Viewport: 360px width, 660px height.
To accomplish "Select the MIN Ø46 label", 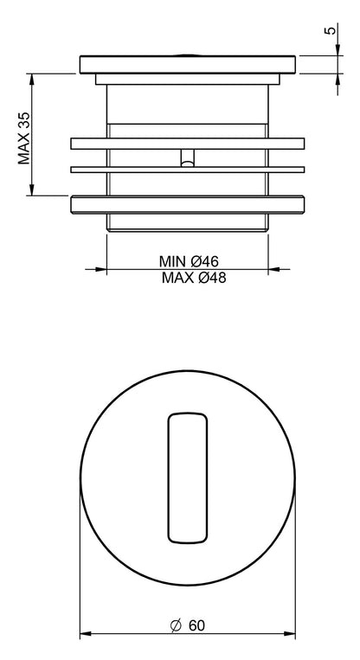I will click(187, 260).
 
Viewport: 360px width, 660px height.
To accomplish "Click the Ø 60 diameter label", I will click(188, 625).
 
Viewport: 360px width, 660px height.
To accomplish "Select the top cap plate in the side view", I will click(188, 65).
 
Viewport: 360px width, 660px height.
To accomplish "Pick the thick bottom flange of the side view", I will click(188, 204).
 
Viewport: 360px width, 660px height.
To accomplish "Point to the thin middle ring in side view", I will click(188, 167).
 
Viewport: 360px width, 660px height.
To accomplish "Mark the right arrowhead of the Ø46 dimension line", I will click(263, 269).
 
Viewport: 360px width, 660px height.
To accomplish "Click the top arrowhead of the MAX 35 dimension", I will click(32, 78).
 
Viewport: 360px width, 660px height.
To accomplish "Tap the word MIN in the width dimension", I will click(172, 260).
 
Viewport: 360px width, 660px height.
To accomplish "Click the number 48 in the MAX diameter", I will click(216, 278).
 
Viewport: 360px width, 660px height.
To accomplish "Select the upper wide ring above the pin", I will click(188, 143).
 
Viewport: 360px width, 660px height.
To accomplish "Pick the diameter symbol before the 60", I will click(174, 625).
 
